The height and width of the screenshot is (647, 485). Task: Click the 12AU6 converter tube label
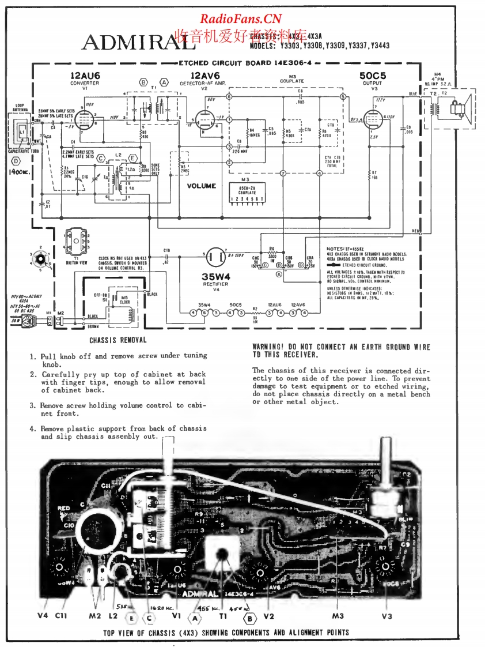tap(85, 76)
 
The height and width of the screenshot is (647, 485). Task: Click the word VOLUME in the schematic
tap(201, 186)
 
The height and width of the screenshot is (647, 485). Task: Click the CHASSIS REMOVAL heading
tap(118, 340)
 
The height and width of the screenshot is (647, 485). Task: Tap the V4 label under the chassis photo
tap(43, 615)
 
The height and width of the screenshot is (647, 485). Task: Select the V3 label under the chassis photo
tap(387, 615)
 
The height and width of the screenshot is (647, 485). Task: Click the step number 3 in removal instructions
tap(33, 405)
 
